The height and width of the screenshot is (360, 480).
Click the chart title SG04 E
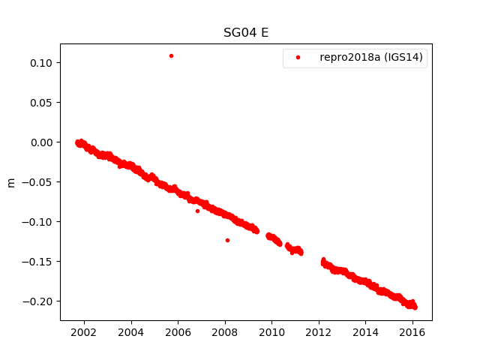[240, 33]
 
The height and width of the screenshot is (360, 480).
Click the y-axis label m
[10, 182]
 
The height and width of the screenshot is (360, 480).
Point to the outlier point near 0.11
[171, 55]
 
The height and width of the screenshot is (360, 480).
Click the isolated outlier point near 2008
[227, 240]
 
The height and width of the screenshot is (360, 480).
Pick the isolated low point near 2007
[197, 211]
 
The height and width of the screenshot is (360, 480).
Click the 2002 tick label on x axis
[84, 332]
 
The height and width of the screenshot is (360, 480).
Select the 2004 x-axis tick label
[130, 332]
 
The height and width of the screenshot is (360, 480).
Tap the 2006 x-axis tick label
[178, 332]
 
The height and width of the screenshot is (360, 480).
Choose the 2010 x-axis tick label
[271, 332]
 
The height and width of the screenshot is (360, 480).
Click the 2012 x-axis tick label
[319, 332]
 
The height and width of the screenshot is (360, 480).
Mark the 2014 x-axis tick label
[366, 332]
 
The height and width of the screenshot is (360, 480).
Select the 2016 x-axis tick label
[412, 332]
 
